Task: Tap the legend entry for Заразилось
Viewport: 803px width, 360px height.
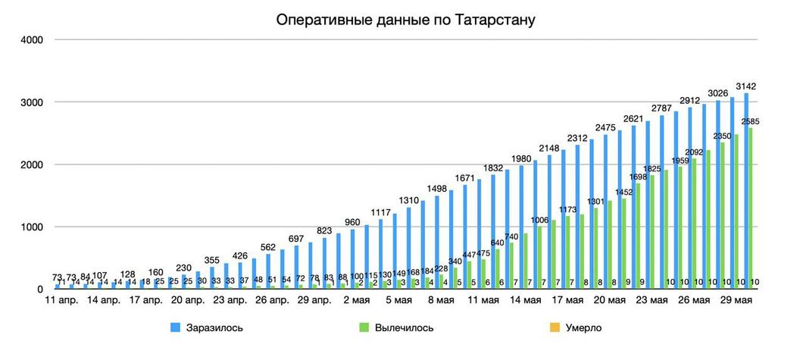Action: point(210,327)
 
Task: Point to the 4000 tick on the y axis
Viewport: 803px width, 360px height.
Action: point(30,39)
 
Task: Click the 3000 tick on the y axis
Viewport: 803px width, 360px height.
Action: point(30,102)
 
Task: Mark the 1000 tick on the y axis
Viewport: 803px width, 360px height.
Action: point(30,227)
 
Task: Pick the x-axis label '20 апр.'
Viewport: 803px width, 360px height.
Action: point(189,300)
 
